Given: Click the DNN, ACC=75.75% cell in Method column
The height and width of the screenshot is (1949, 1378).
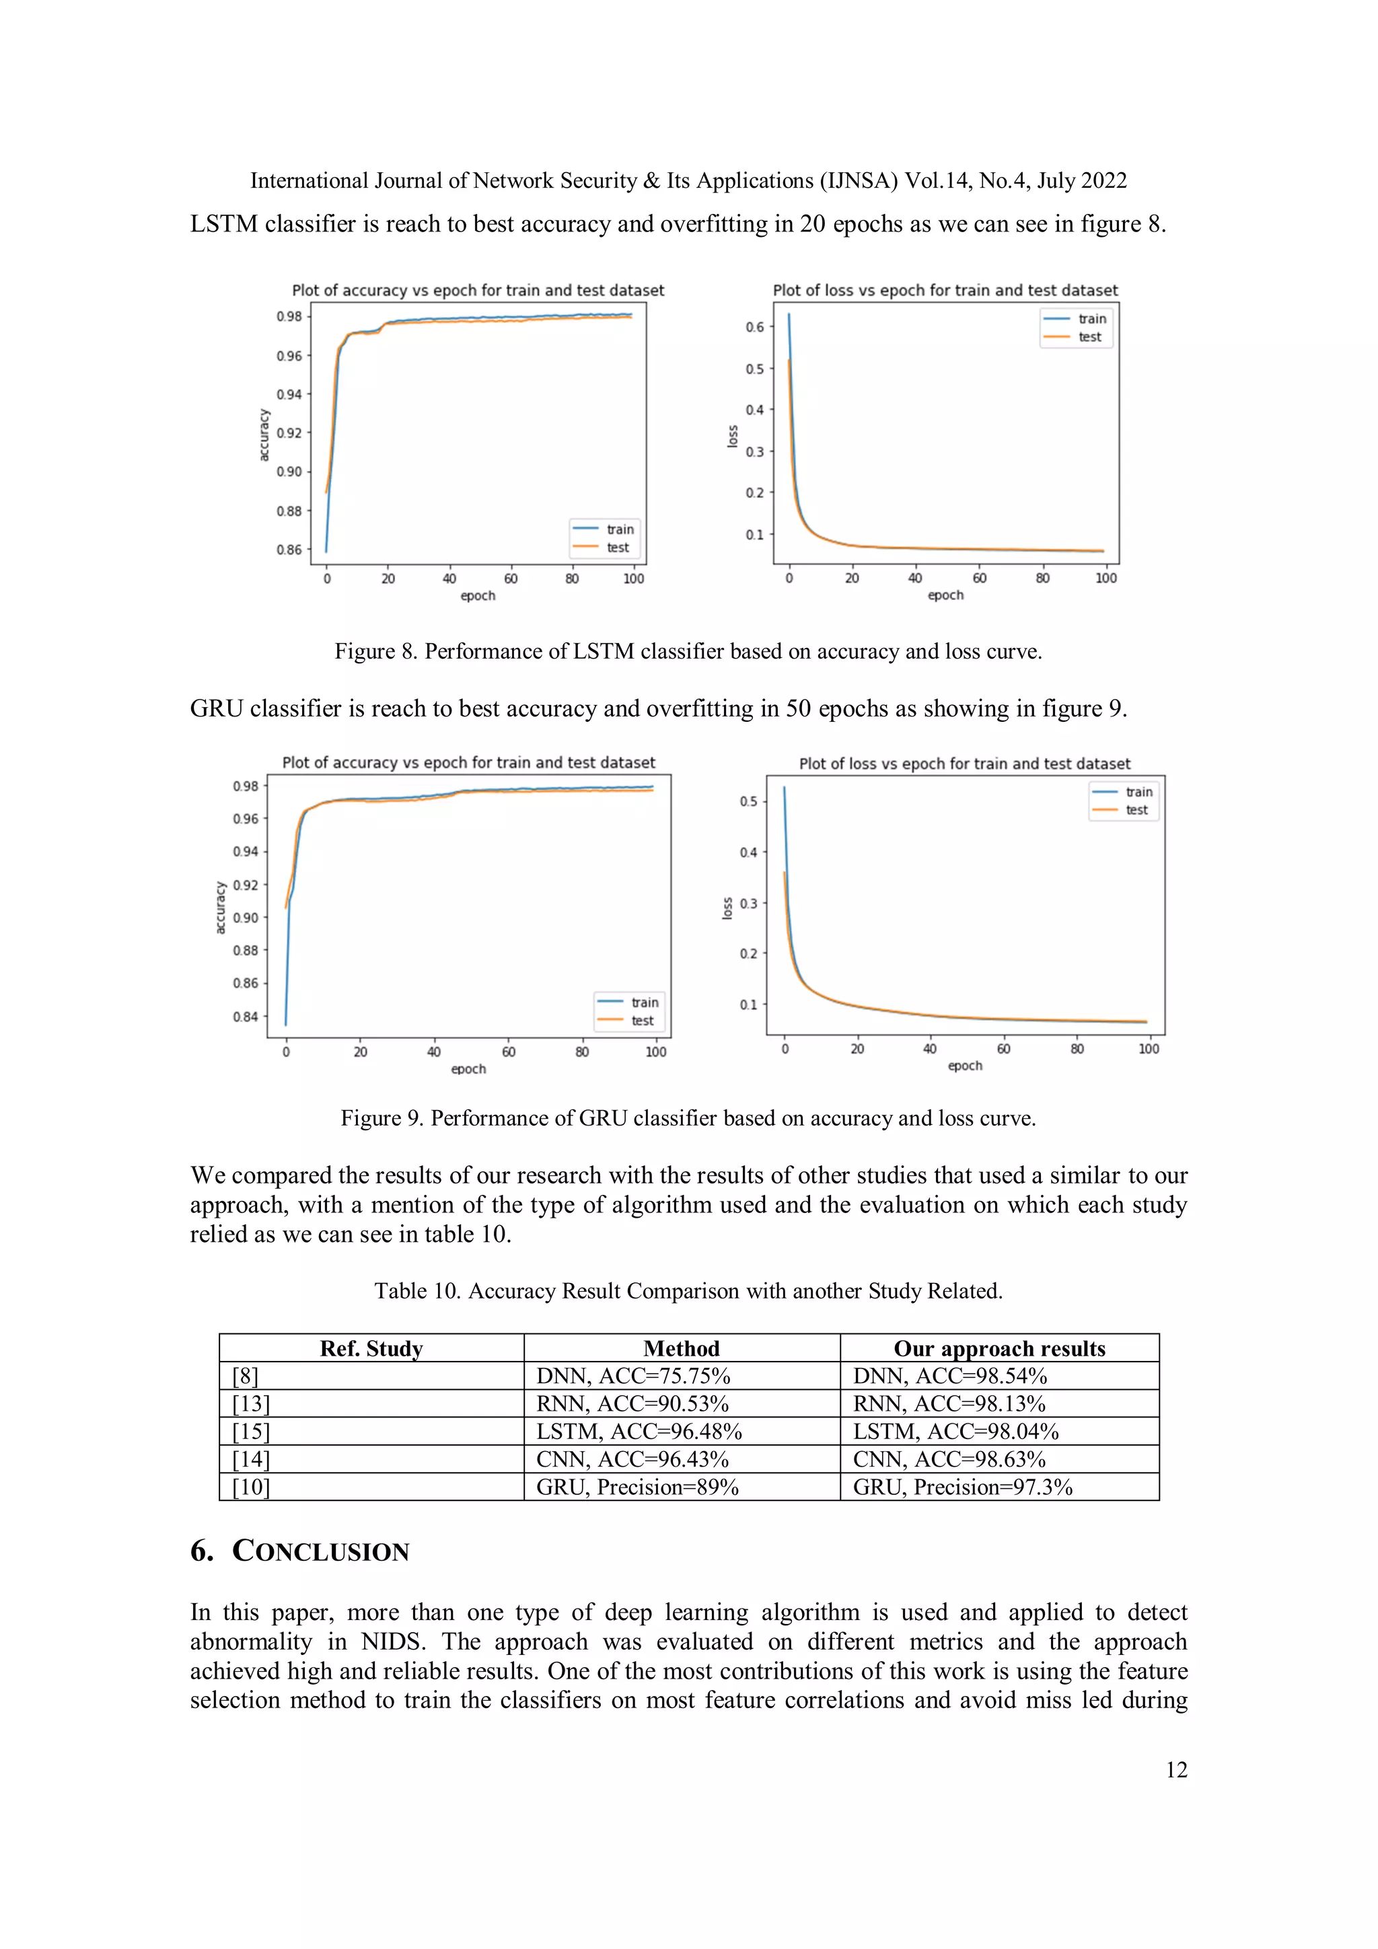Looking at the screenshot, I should coord(632,1375).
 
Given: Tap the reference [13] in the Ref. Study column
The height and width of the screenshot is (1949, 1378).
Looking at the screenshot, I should coord(250,1403).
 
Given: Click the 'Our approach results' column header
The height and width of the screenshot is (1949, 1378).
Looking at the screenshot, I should coord(999,1348).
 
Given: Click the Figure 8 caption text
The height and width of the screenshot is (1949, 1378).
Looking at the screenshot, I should coord(688,651).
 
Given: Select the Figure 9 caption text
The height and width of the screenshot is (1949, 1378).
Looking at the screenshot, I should coord(688,1118).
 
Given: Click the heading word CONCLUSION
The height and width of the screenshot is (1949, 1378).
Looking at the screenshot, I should coord(320,1551).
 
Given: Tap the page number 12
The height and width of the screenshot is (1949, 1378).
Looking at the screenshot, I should coord(1176,1769).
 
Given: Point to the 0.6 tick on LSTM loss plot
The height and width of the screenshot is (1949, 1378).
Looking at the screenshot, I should coord(754,327).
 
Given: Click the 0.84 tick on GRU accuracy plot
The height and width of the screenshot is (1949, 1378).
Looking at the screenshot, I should coord(246,1016).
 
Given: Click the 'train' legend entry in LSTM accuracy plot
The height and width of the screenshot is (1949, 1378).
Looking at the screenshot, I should coord(619,529).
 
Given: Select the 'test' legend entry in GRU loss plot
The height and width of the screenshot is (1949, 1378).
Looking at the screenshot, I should coord(1136,810).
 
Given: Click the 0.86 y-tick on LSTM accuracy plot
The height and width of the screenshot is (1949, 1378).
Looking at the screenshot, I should coord(289,549).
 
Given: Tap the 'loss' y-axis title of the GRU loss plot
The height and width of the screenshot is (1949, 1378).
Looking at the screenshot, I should coord(727,908).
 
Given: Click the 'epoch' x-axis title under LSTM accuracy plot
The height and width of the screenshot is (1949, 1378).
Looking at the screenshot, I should coord(477,596).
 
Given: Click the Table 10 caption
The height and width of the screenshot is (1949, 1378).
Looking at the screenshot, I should coord(688,1290).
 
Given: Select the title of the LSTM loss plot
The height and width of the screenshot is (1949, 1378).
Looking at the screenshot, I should coord(944,291).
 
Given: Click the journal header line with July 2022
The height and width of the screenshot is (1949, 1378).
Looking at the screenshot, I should coord(688,181).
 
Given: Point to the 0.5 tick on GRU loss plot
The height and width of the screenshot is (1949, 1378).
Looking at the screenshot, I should coord(748,801).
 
